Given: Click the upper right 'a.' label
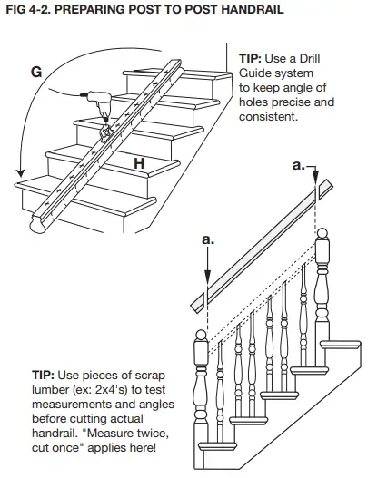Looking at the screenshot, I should (x=299, y=166).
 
